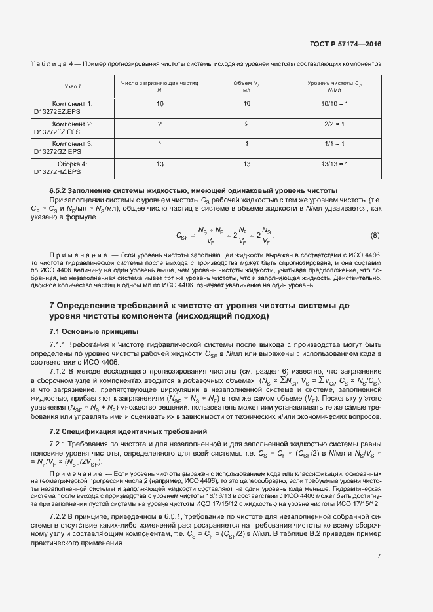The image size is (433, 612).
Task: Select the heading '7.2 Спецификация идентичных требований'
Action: (119, 431)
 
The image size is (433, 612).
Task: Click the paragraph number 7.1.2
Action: (60, 372)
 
